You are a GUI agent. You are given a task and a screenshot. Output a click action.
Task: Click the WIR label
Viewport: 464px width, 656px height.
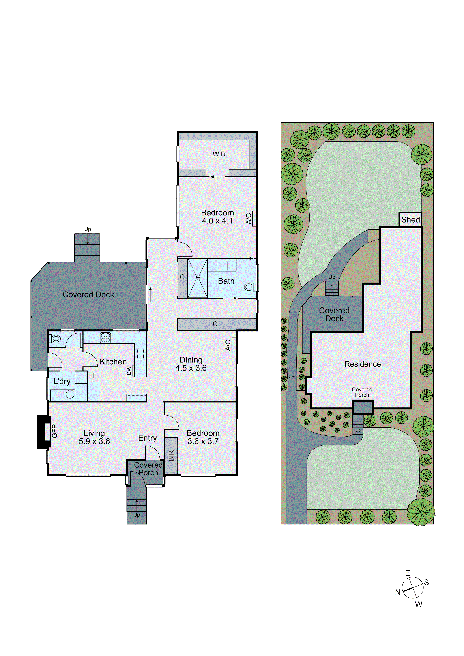tap(219, 154)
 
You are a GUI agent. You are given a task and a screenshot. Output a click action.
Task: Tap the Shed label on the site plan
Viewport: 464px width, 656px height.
tap(410, 220)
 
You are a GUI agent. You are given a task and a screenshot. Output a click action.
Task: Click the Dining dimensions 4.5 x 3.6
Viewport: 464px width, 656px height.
tap(191, 368)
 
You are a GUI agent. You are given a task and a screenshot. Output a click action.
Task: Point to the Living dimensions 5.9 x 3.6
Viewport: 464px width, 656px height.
tap(94, 441)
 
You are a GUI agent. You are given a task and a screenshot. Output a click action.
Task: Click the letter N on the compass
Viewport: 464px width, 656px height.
tap(398, 592)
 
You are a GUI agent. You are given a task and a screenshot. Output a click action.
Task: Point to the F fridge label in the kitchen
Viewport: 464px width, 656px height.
tap(94, 375)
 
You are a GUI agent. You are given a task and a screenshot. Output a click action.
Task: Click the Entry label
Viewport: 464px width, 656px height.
tap(147, 438)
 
